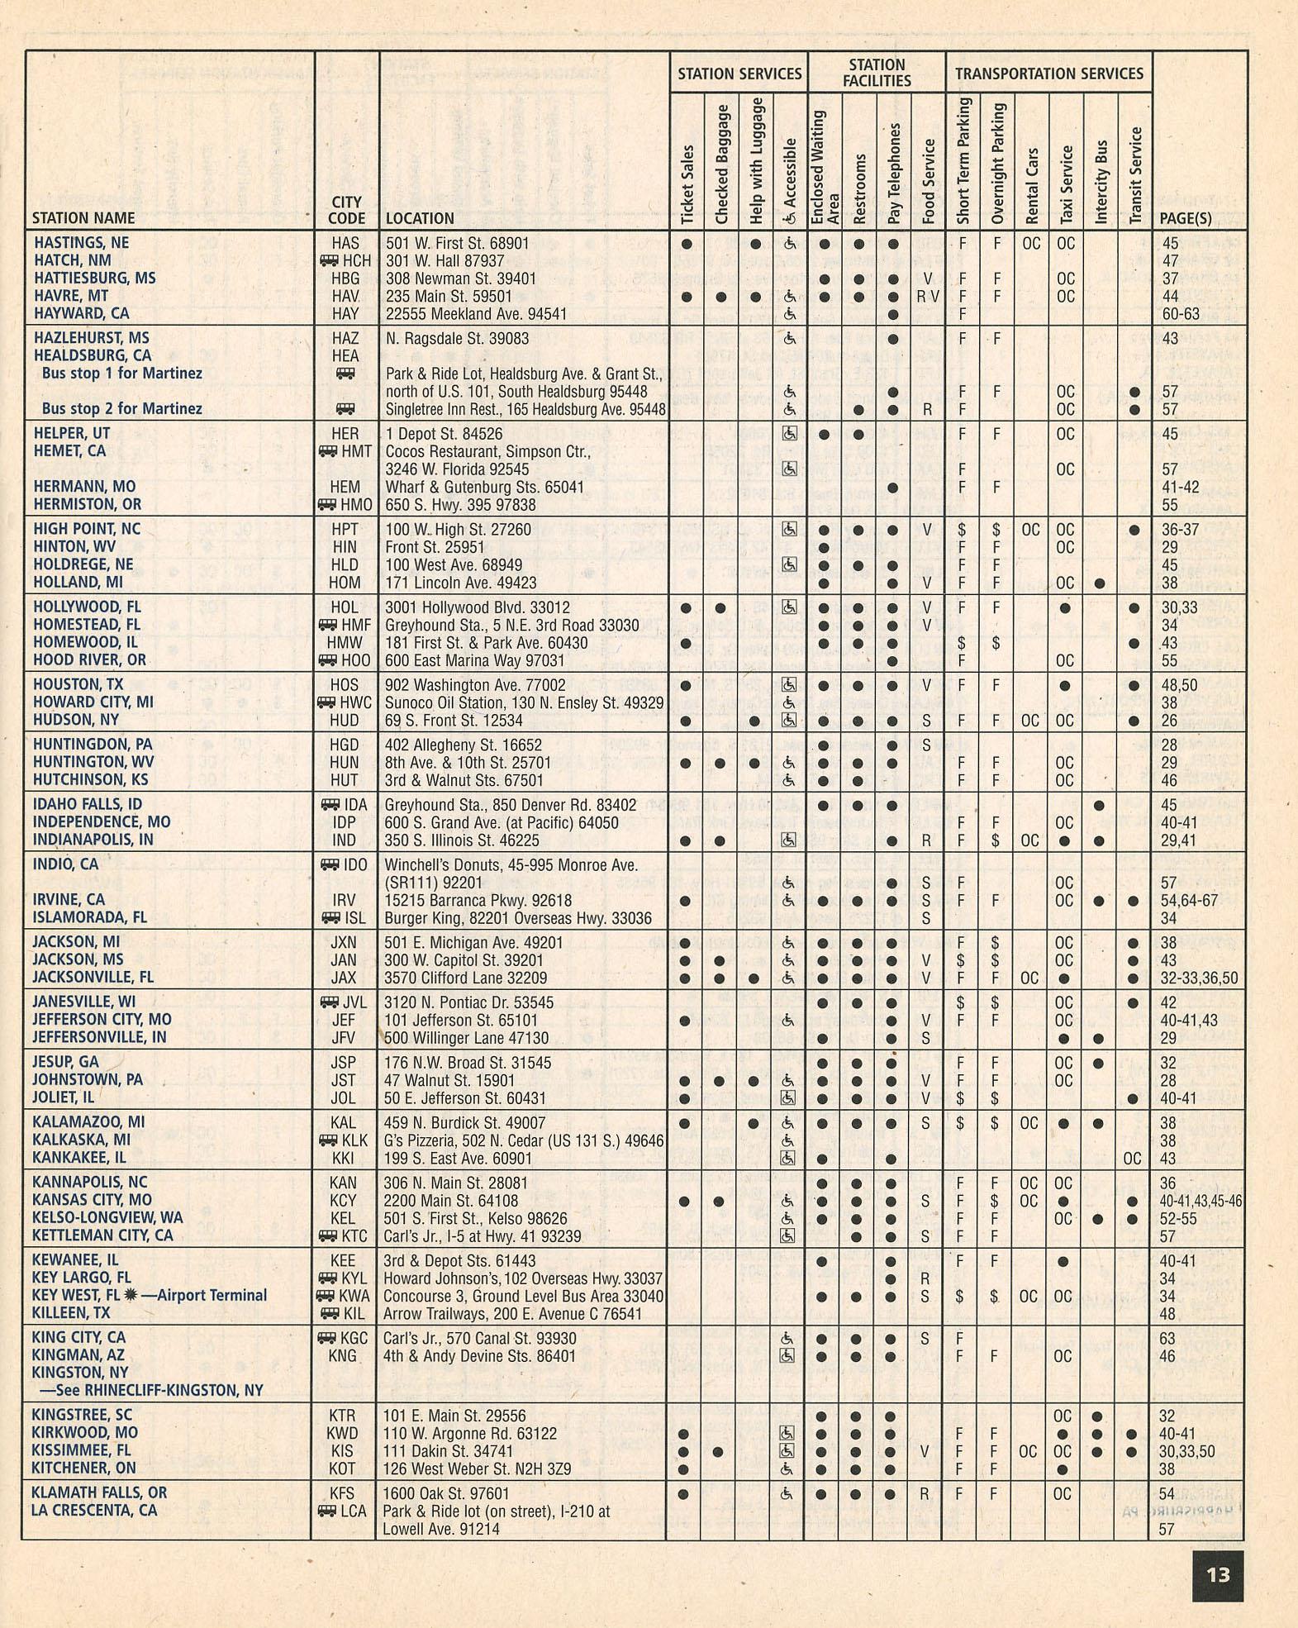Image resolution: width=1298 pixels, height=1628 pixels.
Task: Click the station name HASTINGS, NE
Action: [81, 243]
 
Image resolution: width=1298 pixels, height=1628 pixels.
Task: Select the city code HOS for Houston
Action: [345, 685]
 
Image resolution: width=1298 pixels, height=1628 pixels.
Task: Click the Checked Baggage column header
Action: [722, 164]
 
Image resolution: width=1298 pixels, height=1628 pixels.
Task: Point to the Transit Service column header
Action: [1135, 175]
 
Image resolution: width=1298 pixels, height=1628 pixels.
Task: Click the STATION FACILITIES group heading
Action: [877, 73]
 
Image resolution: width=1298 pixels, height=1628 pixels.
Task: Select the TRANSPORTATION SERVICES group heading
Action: [1048, 74]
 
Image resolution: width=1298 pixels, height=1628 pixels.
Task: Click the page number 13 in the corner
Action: [1218, 1575]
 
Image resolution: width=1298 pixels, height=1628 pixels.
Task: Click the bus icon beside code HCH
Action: [328, 260]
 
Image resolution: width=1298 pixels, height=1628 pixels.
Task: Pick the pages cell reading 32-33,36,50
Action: [1199, 978]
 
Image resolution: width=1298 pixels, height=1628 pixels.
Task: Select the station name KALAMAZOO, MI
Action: [88, 1122]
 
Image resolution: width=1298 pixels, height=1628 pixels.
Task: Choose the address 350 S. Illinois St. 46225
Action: [462, 840]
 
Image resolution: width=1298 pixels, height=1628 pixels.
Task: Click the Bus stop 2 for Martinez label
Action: [121, 408]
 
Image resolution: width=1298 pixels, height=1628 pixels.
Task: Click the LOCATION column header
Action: [420, 218]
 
